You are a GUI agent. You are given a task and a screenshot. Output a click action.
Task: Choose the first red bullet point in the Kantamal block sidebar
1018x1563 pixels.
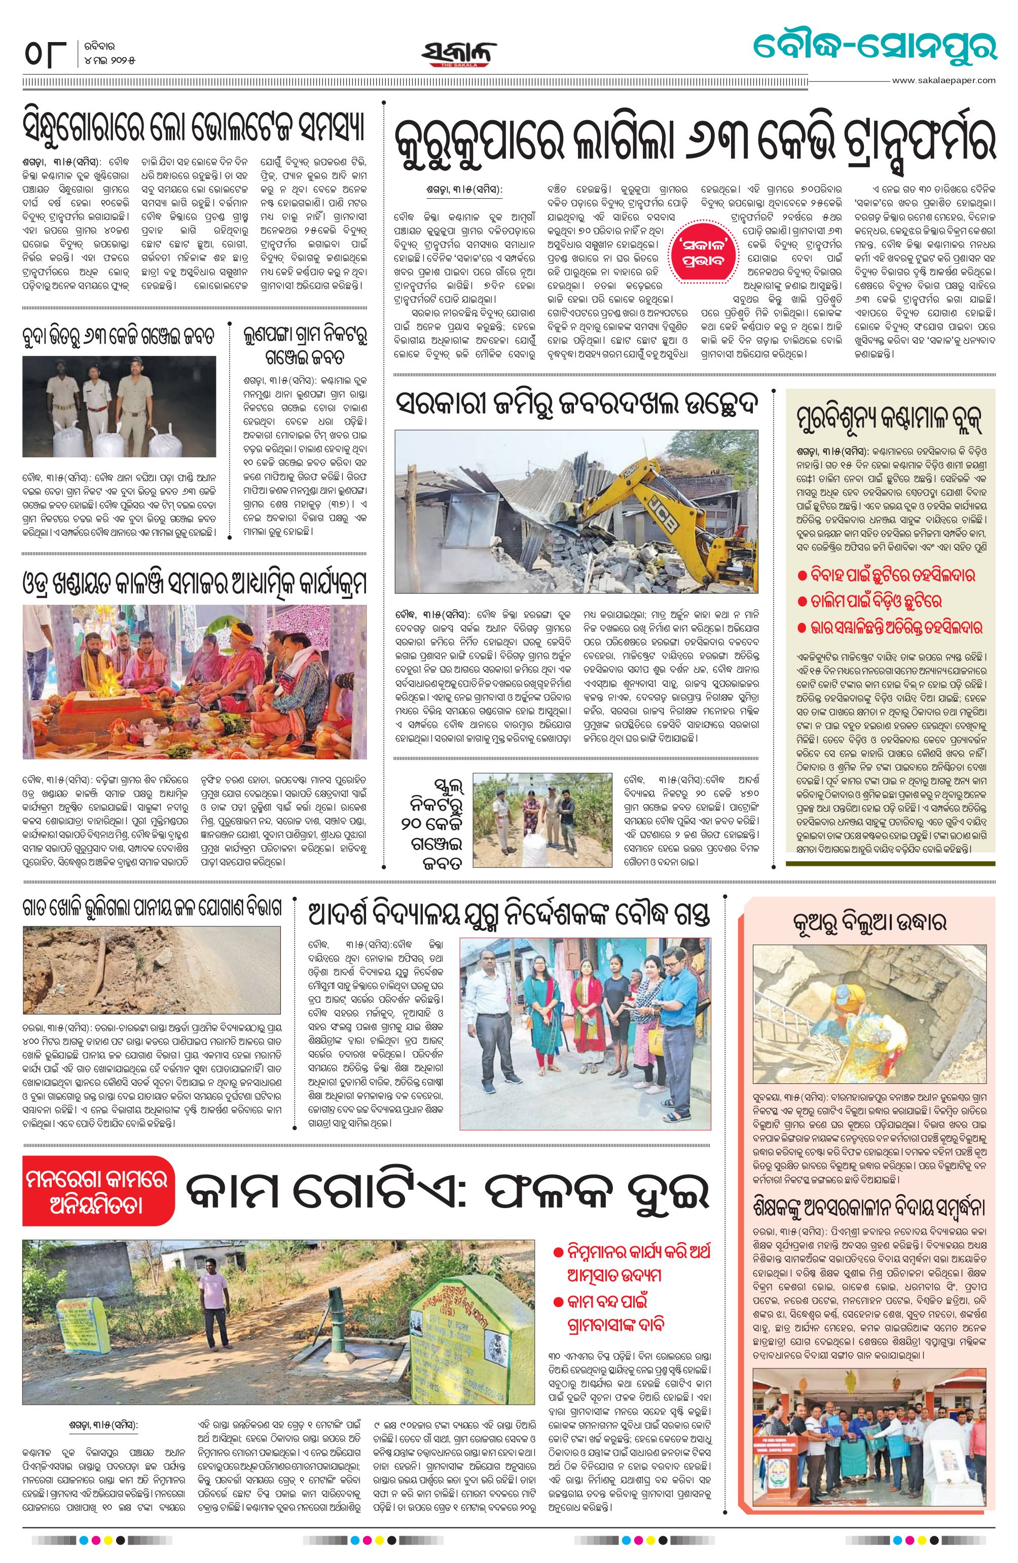[x=887, y=576]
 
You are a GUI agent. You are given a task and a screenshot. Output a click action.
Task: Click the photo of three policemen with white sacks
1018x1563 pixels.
[x=119, y=406]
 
